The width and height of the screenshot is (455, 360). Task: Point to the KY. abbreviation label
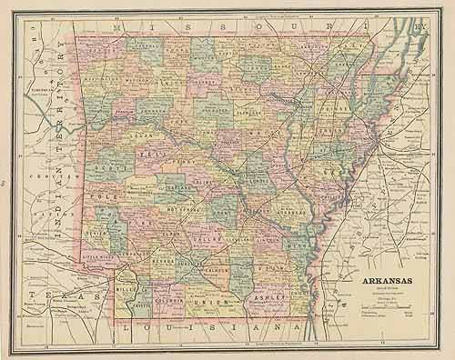[x=420, y=28]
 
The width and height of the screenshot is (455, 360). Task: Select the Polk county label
[x=102, y=195]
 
